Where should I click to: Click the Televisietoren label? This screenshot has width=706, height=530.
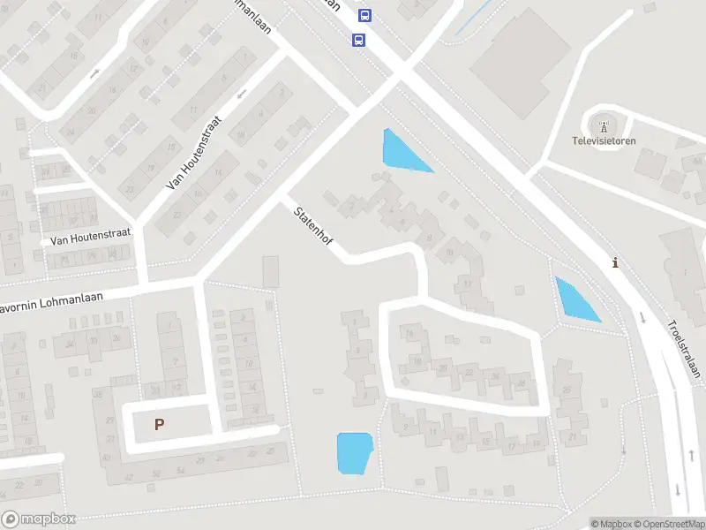[604, 140]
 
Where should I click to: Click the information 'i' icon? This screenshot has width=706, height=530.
[615, 262]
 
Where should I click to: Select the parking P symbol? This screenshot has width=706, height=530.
[159, 424]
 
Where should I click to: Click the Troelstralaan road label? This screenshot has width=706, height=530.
[684, 348]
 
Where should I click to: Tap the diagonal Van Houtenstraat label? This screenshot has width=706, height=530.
[192, 156]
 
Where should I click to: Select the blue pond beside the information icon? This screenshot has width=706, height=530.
[575, 299]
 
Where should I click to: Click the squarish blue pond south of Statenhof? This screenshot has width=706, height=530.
[355, 452]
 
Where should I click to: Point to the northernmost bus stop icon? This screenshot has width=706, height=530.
[364, 15]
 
